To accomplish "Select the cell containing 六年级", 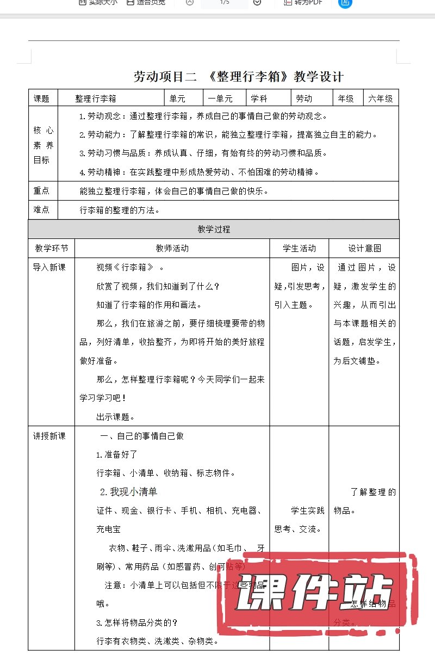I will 380,98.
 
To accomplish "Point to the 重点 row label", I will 41,191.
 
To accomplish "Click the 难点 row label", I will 41,210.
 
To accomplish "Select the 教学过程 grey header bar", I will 214,230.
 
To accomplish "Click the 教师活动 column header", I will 172,248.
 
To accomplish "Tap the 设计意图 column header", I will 364,248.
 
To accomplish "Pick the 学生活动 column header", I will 299,248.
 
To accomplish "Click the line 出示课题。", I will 115,417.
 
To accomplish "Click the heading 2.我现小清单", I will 128,492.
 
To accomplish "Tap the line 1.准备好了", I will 116,454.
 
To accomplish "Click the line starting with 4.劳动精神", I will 198,172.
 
